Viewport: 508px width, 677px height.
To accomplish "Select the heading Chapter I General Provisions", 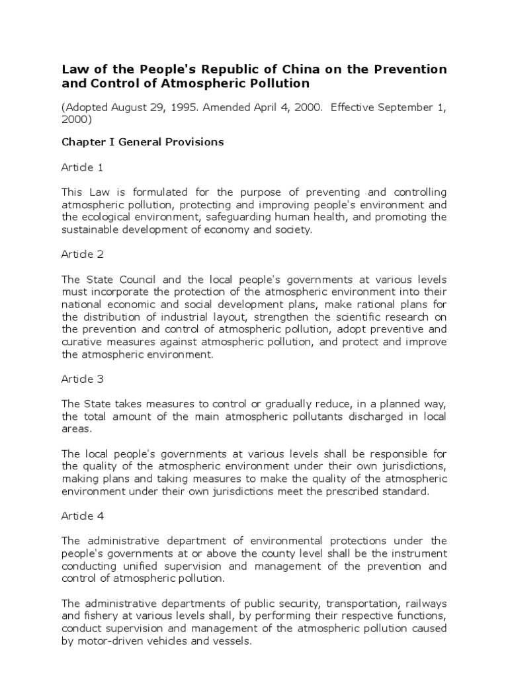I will [x=143, y=142].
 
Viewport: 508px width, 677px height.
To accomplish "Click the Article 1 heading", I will [x=82, y=167].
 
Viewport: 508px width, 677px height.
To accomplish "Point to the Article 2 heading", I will [x=82, y=254].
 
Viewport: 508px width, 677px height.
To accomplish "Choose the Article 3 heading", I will [x=82, y=379].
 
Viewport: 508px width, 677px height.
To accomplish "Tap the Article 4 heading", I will [x=82, y=516].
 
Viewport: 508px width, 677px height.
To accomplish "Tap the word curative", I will [x=82, y=342].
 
